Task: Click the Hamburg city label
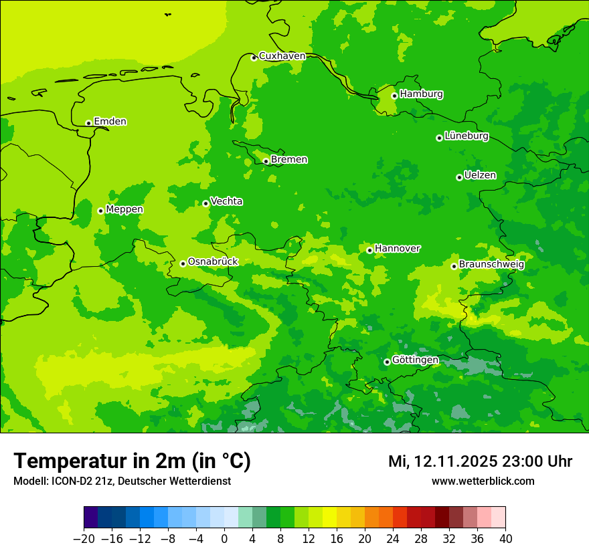[421, 94]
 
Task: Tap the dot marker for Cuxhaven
[254, 58]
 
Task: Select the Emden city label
[110, 122]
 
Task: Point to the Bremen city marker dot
[266, 161]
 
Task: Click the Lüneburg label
[466, 136]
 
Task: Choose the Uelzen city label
[480, 175]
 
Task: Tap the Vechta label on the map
[226, 201]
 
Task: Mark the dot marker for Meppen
[100, 211]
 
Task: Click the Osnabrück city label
[213, 261]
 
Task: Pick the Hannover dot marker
[369, 250]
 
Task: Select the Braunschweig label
[491, 264]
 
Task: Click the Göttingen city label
[415, 360]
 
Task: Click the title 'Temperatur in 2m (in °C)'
[132, 461]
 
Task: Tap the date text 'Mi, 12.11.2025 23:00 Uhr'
[480, 461]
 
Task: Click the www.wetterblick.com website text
[483, 481]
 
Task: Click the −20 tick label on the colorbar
[84, 539]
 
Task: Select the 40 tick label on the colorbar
[505, 539]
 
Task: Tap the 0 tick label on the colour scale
[224, 539]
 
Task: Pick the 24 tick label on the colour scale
[393, 539]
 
